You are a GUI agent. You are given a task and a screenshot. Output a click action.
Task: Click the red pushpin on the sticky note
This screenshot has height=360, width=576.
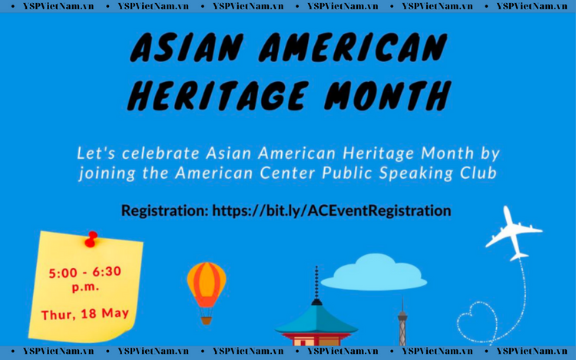(91, 239)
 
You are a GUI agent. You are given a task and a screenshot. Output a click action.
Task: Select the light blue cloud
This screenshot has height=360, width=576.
(374, 272)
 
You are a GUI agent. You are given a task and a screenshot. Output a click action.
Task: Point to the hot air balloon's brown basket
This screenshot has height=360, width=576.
(207, 320)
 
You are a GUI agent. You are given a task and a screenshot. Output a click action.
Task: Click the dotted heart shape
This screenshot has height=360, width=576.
(477, 322)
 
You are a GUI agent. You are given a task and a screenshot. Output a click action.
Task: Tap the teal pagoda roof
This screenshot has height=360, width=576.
(316, 320)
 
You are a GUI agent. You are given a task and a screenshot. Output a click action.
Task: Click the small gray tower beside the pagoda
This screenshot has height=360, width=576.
(402, 323)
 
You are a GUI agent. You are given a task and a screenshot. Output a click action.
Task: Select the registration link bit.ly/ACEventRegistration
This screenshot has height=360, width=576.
(332, 210)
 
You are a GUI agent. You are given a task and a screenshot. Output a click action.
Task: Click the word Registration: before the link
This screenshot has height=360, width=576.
(165, 211)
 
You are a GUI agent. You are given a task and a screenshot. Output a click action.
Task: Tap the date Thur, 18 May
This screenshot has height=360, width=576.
(84, 314)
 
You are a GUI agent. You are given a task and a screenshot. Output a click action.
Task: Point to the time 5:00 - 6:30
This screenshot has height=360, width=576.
(84, 272)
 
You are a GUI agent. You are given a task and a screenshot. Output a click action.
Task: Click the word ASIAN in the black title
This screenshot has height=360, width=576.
(187, 48)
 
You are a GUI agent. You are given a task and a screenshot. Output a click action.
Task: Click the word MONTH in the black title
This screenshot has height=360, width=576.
(388, 96)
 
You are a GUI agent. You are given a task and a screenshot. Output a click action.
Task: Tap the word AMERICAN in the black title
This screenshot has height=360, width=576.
(353, 48)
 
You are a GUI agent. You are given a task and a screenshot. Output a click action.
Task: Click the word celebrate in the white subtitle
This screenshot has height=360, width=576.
(161, 154)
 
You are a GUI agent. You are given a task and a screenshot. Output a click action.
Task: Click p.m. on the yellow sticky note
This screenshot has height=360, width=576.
(85, 286)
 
